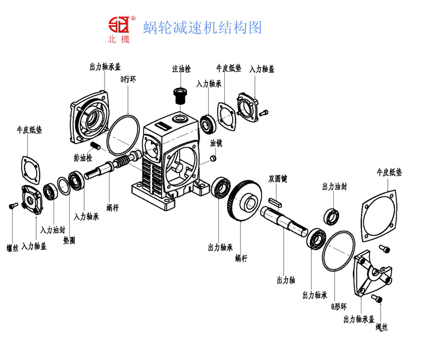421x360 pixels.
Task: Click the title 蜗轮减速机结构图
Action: [203, 28]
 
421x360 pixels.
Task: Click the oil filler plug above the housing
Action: [179, 95]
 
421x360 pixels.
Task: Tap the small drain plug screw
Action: [95, 145]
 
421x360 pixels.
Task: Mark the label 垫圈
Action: [69, 240]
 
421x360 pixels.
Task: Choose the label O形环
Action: [339, 307]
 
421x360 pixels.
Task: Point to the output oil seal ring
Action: [331, 215]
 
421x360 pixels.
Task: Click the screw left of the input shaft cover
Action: [13, 207]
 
